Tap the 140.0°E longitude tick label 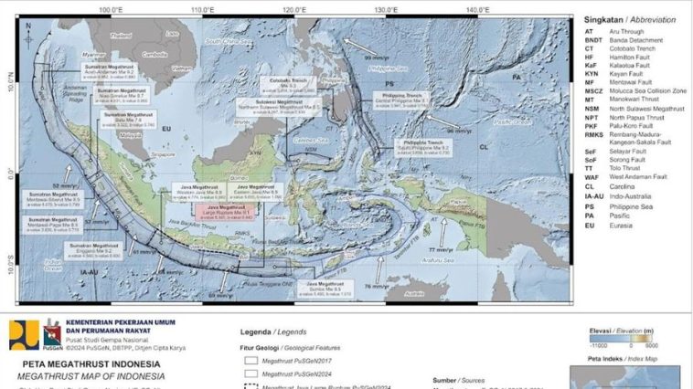477,9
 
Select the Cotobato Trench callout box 295,87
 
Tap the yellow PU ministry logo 24,334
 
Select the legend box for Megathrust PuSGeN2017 251,360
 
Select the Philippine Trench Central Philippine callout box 400,100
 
